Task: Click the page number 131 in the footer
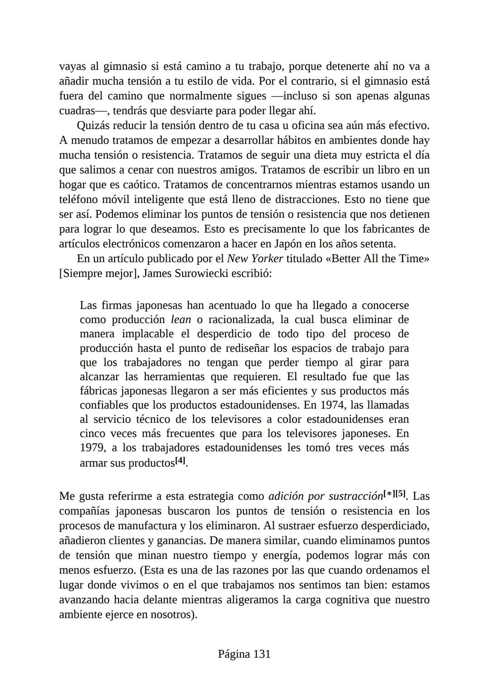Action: point(261,654)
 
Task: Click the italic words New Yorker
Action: point(254,259)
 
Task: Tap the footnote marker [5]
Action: point(400,494)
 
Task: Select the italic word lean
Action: point(181,319)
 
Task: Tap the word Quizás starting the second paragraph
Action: point(94,126)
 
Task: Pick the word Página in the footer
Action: point(234,654)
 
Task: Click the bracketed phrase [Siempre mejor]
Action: point(99,274)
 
